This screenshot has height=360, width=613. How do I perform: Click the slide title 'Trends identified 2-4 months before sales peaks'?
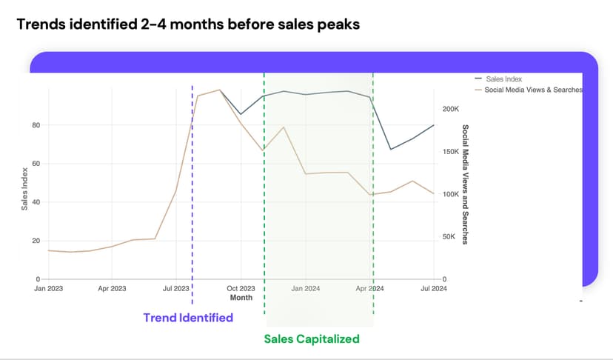tap(188, 24)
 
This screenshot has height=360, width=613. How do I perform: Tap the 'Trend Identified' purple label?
tap(188, 318)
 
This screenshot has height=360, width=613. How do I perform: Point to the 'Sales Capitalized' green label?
tap(312, 339)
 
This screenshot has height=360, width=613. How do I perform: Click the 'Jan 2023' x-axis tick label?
tap(49, 288)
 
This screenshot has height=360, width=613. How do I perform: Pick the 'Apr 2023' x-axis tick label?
tap(113, 288)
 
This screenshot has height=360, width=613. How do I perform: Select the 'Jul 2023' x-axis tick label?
tap(176, 288)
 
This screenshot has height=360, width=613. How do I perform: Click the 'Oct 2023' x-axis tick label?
tap(241, 288)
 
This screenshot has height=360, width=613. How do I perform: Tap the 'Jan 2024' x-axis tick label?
tap(306, 288)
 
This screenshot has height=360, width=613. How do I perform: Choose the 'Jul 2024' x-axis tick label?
tap(433, 288)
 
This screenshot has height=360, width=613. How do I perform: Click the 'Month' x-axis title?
tap(241, 298)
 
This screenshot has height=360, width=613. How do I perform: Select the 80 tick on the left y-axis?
tap(36, 125)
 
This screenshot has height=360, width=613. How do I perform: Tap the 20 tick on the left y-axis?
tap(36, 241)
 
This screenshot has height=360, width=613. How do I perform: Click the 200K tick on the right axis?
tap(450, 109)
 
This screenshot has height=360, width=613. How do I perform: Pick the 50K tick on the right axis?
tap(449, 237)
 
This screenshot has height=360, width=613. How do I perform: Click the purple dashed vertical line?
tap(192, 222)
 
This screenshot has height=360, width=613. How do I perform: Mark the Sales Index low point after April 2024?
tap(392, 150)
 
